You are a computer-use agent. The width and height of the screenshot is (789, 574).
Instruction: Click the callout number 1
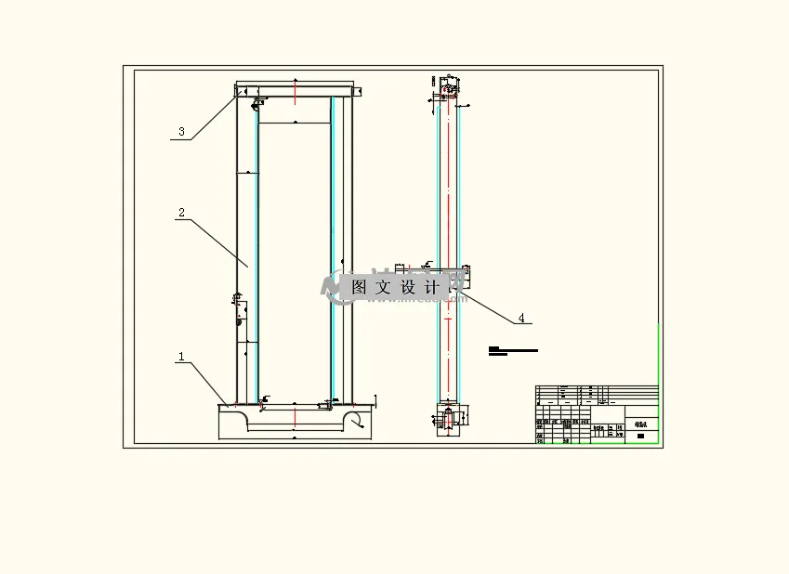coord(182,357)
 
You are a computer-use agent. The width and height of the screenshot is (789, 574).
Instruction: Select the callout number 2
coord(182,213)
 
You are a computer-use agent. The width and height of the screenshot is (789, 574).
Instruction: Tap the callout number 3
coord(182,132)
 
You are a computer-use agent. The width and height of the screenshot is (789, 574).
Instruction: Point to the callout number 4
coord(521,318)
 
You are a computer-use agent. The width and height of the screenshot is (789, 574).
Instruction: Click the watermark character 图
coord(360,287)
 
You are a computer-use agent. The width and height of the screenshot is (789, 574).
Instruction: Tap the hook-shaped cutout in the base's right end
coord(353,421)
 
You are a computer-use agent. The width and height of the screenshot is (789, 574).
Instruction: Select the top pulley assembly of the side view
coord(447,91)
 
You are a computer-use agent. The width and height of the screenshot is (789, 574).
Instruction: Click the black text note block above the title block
coord(512,351)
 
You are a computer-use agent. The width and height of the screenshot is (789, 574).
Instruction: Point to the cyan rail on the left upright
coord(257,251)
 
